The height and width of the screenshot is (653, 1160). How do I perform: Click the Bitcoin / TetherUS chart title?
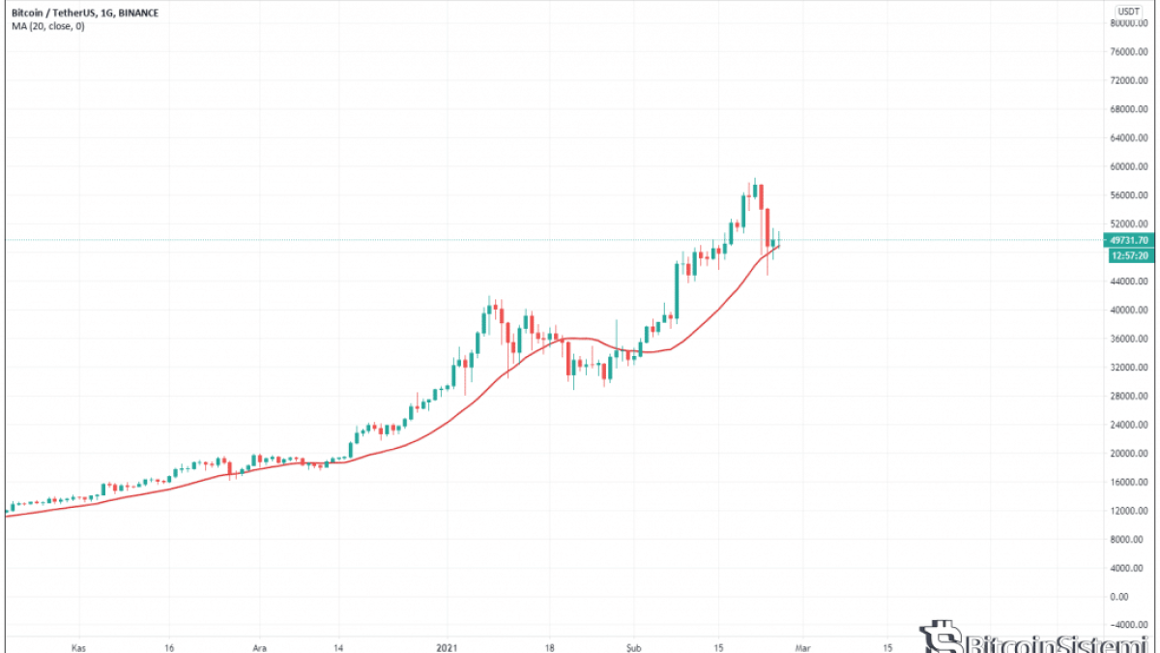pyautogui.click(x=73, y=14)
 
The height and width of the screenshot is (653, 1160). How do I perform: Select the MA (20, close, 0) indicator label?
pyautogui.click(x=47, y=26)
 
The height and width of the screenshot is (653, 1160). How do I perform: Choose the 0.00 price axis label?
pyautogui.click(x=1134, y=597)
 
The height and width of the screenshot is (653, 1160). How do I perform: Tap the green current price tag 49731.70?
pyautogui.click(x=1128, y=240)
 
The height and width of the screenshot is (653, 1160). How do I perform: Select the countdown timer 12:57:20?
pyautogui.click(x=1128, y=255)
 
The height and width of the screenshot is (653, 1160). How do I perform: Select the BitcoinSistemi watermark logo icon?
pyautogui.click(x=937, y=638)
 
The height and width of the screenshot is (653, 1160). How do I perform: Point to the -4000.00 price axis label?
pyautogui.click(x=1127, y=625)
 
